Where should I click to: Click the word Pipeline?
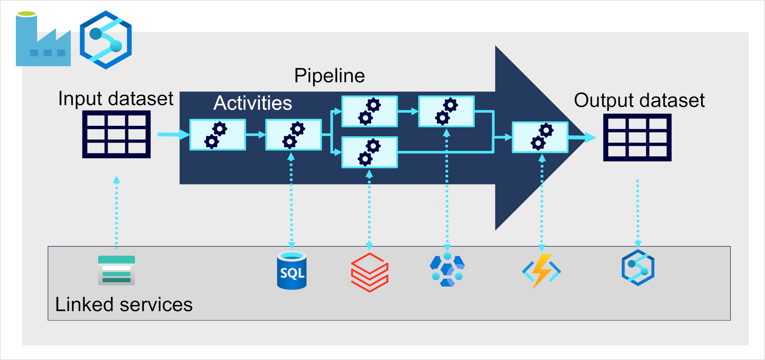coord(329,76)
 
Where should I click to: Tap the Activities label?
coord(253,103)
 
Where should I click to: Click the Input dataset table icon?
coord(116,134)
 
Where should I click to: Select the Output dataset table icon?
coord(637,137)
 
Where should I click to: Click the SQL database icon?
coord(292,271)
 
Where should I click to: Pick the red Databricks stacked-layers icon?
coord(369,272)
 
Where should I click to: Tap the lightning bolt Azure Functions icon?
coord(541,271)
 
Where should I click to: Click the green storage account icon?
coord(116,270)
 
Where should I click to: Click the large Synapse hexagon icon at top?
coord(106,40)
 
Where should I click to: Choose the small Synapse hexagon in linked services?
coord(638,268)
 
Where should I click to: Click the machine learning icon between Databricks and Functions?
coord(447,270)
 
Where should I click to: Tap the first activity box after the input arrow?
coord(218,135)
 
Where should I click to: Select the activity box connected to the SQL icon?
coord(294,135)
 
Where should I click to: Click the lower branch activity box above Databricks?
coord(369,152)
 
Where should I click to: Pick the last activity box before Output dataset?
coord(540,137)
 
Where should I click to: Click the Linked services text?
coord(124,304)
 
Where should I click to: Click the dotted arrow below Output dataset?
coord(638,213)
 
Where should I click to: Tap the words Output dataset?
coord(639,100)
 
